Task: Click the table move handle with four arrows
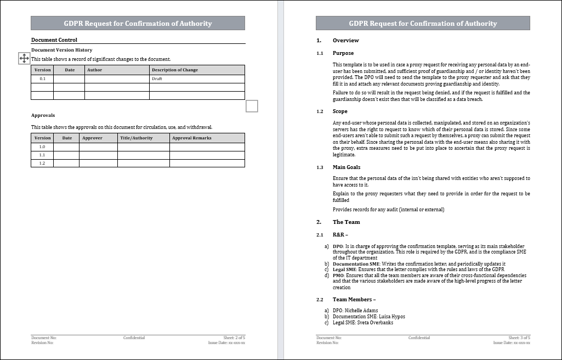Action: tap(24, 58)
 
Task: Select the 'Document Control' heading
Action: tap(54, 40)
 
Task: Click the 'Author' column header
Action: tap(94, 70)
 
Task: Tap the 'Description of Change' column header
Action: tap(174, 70)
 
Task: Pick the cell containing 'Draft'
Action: tap(157, 79)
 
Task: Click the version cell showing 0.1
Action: tap(42, 79)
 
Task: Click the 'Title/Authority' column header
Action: tap(136, 138)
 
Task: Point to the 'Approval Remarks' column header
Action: tap(191, 138)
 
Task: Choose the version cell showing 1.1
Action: tap(42, 155)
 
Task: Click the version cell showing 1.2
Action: tap(42, 163)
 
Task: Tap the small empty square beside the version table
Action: tap(252, 106)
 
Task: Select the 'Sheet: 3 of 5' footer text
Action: tap(519, 338)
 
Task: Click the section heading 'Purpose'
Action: tap(343, 53)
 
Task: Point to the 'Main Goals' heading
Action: tap(347, 167)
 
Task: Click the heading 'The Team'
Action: tap(346, 222)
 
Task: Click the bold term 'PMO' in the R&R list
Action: tap(338, 275)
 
